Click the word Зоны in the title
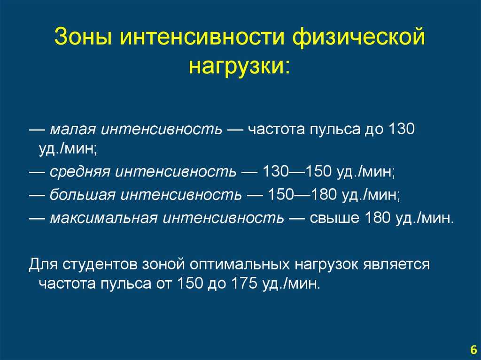pyautogui.click(x=84, y=36)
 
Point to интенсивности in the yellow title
pyautogui.click(x=202, y=36)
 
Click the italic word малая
pyautogui.click(x=73, y=130)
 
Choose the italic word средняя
pyautogui.click(x=80, y=172)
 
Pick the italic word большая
pyautogui.click(x=83, y=194)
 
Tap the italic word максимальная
pyautogui.click(x=104, y=218)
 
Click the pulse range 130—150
pyautogui.click(x=297, y=171)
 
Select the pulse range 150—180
pyautogui.click(x=302, y=194)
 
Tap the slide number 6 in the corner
pyautogui.click(x=473, y=350)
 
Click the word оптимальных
pyautogui.click(x=240, y=264)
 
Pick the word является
pyautogui.click(x=396, y=264)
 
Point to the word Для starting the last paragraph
pyautogui.click(x=43, y=264)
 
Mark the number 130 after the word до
pyautogui.click(x=402, y=129)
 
